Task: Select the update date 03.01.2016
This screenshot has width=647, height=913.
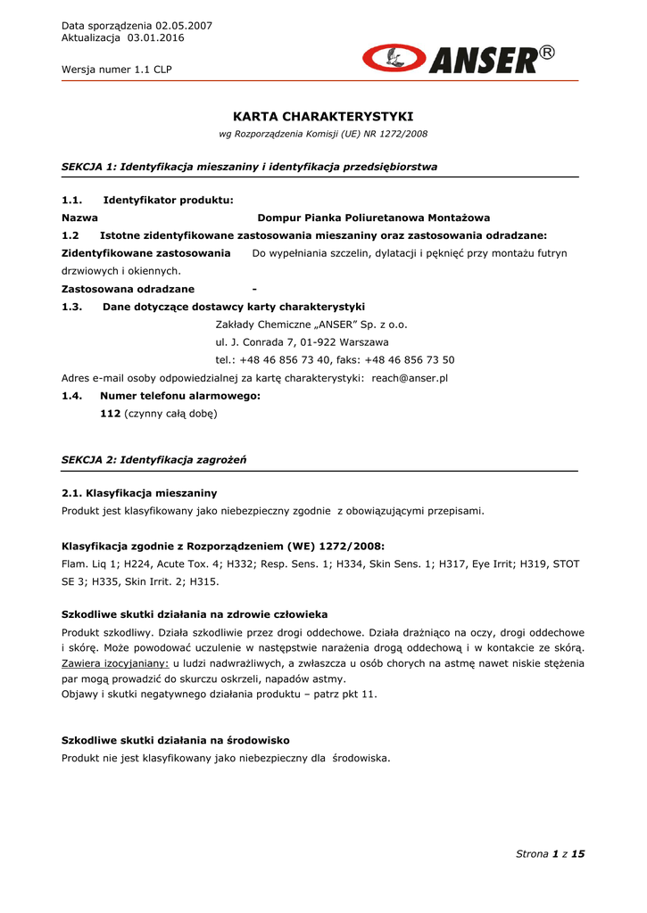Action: point(156,38)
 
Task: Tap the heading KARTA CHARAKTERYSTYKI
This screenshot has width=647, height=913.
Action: point(323,117)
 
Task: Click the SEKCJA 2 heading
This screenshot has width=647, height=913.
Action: point(153,459)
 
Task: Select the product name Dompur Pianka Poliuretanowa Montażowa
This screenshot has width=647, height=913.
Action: point(373,218)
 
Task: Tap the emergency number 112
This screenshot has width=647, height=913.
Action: point(110,414)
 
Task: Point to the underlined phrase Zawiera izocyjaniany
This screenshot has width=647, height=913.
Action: point(114,663)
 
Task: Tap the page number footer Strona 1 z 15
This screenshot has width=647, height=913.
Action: point(550,854)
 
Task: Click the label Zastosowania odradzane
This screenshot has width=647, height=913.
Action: point(128,289)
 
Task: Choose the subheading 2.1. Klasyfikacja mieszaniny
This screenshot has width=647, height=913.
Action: point(139,493)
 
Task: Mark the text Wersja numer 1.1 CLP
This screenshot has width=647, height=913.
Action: point(117,69)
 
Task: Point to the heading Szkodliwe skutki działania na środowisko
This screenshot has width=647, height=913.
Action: point(175,740)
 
